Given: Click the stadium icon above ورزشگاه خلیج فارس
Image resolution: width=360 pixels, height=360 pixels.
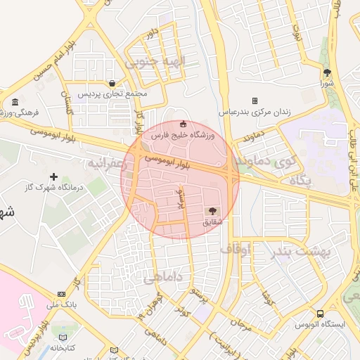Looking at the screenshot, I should pos(184,124).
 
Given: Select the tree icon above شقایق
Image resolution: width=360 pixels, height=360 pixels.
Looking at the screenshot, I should pos(212,211).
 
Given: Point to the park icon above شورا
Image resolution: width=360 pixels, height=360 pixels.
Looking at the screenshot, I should pos(327,72).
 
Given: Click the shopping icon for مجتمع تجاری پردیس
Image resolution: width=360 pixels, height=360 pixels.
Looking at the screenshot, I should pos(112,83).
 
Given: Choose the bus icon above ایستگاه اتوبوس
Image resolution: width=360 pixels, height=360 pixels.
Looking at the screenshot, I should pos(320,314).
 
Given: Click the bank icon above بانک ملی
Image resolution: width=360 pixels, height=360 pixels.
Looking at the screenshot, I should pos(62,294).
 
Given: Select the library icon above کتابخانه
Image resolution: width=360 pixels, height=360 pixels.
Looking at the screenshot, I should pos(64,337).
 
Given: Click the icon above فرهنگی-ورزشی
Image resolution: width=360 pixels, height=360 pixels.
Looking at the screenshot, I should pos(15,102).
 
